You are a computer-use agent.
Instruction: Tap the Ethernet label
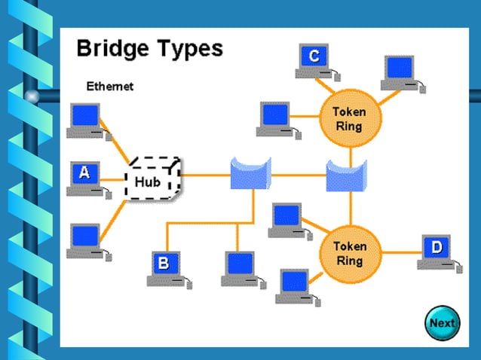coord(109,87)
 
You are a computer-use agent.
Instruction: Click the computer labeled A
coord(85,177)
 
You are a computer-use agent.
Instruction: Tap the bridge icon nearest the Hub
coord(250,175)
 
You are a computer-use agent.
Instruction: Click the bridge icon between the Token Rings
coord(346,175)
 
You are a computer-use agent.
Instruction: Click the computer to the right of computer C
coord(400,72)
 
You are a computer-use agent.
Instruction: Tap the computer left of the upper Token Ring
coord(276,119)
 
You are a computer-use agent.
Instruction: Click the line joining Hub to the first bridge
coord(205,175)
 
